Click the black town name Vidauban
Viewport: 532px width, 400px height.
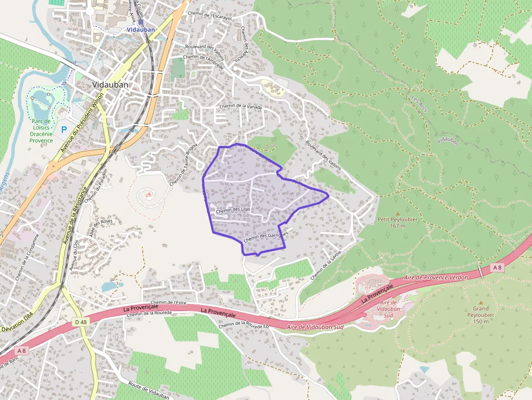[110, 85]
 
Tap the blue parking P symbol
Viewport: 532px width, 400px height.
[64, 130]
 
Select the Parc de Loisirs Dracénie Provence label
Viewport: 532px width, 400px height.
[41, 131]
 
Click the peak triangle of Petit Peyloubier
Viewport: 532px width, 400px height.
[397, 213]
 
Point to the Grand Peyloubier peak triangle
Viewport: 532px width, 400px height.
[480, 302]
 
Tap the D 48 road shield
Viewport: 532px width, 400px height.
[81, 322]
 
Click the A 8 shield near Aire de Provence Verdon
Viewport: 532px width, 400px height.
[497, 268]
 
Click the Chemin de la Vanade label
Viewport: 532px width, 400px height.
[240, 107]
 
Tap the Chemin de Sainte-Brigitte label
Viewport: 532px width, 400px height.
[184, 167]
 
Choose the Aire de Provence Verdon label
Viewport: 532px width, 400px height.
[436, 277]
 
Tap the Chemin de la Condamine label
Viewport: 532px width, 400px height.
[28, 257]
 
